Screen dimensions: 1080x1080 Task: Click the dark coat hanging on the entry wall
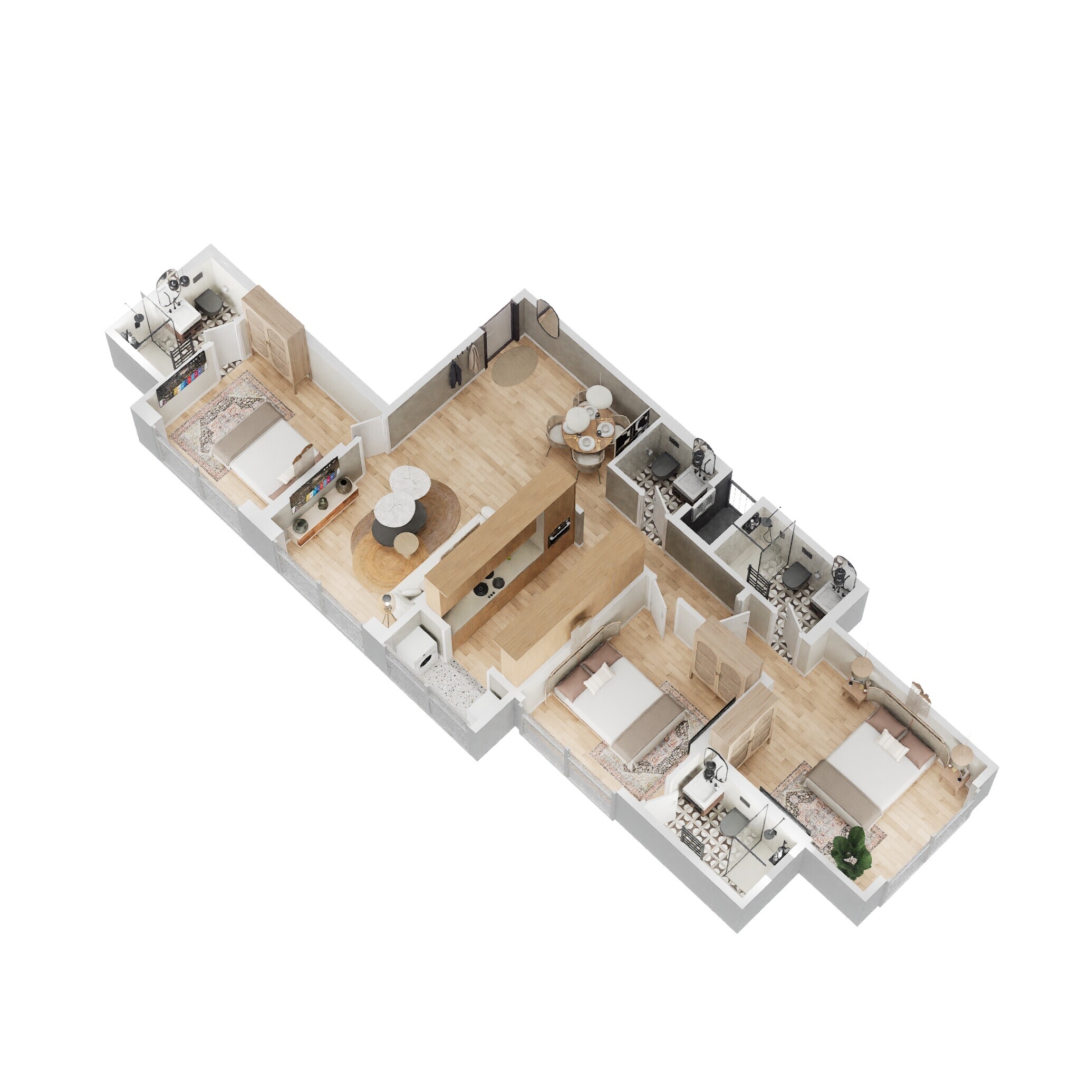454,373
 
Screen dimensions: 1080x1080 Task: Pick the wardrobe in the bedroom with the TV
274,336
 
